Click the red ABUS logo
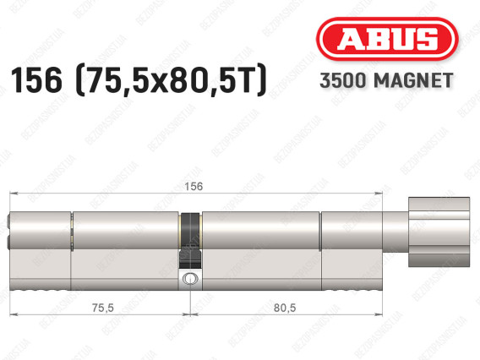point(387,39)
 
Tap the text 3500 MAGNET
point(386,81)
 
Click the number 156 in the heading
point(36,80)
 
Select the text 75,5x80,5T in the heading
point(171,80)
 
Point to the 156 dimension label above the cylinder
point(194,187)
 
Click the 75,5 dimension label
point(103,308)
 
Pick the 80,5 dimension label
point(285,308)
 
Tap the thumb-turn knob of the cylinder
point(439,232)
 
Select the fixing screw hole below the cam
point(190,279)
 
